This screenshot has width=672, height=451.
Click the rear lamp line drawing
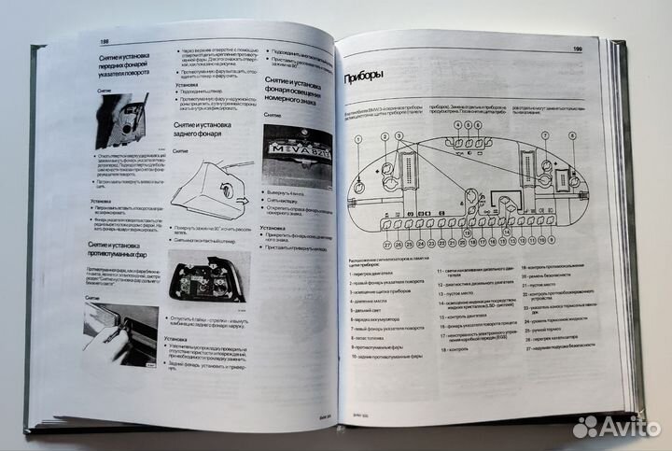point(213,186)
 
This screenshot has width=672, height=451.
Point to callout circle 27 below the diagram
point(385,246)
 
